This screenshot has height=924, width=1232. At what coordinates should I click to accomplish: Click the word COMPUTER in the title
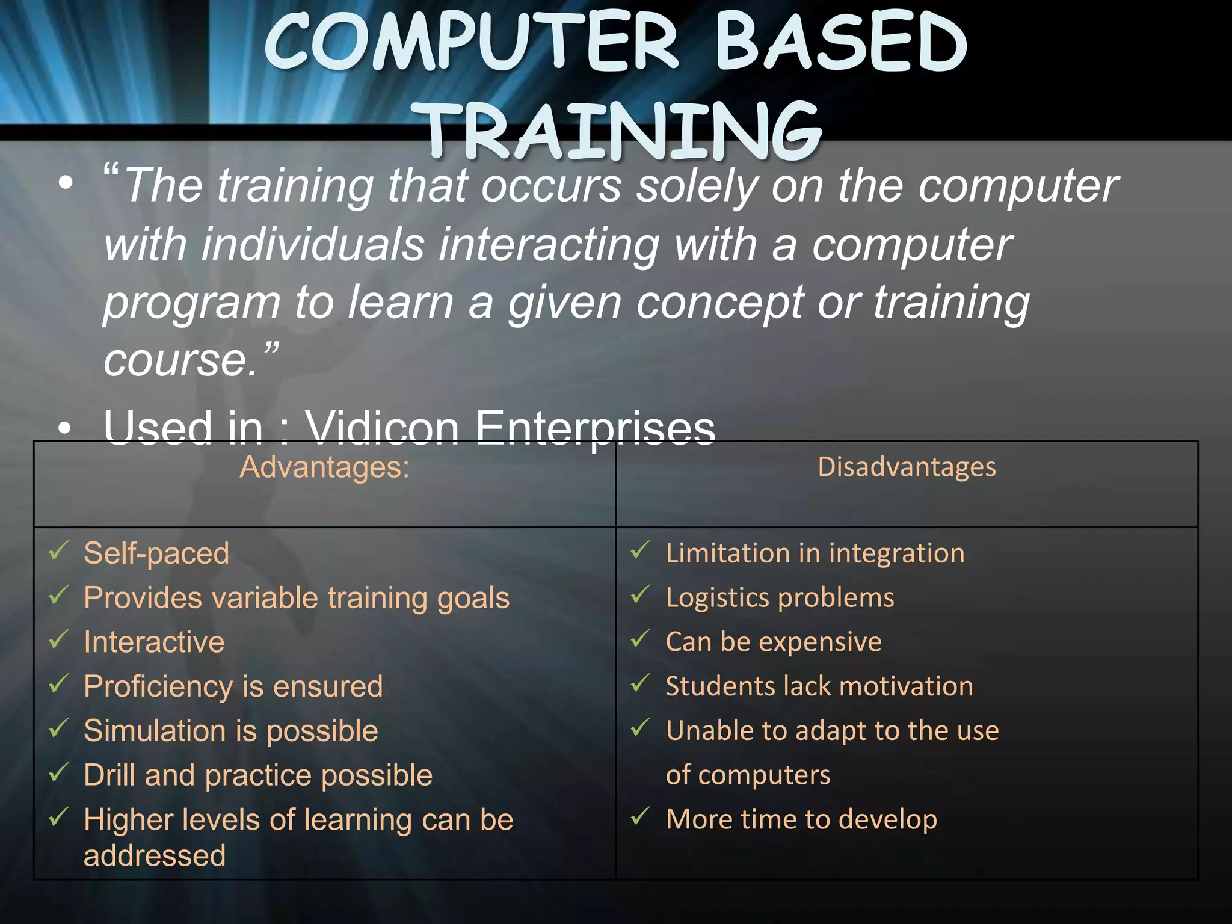pos(472,42)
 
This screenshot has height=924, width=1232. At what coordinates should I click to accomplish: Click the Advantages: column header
pos(324,467)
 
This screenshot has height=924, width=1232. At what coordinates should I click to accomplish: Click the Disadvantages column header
pos(907,467)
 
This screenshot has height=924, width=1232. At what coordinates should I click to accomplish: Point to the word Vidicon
pos(382,428)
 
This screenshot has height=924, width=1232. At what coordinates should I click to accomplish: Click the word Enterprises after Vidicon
pos(595,428)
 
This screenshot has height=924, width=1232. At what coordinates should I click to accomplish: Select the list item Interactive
pos(154,642)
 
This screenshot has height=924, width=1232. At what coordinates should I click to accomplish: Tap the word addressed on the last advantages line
pos(155,855)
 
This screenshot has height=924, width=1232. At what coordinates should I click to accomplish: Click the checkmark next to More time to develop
pos(641,816)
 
